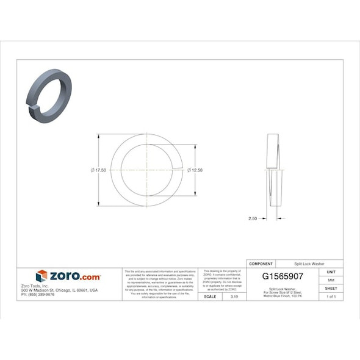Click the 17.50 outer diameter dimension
tap(98, 170)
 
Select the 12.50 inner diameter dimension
tap(195, 170)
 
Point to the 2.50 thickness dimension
tap(253, 218)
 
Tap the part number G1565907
tap(283, 276)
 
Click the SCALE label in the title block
tap(209, 296)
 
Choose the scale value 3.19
tap(234, 296)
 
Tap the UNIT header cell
tap(331, 272)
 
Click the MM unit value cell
tap(331, 279)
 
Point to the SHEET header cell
tap(331, 288)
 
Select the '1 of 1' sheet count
tap(331, 296)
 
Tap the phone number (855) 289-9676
tap(38, 295)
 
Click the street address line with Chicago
tap(59, 290)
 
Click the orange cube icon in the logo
tap(41, 276)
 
